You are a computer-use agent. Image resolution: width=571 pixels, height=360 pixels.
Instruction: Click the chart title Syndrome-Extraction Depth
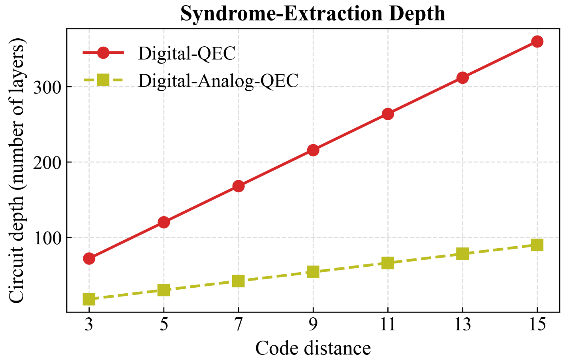pos(313,13)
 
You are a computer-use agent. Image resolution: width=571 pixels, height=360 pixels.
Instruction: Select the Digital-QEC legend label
pos(187,53)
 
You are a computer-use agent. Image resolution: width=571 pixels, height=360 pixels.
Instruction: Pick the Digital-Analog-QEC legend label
pos(218,81)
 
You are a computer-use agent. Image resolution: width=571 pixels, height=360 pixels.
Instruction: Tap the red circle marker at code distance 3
pos(89,259)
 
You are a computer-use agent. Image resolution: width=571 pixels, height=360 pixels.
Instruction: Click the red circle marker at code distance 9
pos(313,150)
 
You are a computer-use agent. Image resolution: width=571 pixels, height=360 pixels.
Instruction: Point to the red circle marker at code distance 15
pos(537,41)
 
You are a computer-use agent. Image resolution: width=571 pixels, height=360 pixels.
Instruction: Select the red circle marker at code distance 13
pos(462,78)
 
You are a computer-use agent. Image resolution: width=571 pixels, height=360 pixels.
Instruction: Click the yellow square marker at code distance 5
pos(164,290)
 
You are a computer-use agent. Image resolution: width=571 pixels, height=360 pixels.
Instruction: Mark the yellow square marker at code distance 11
pos(388,263)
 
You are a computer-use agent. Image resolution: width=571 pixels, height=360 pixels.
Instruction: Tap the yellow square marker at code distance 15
pos(537,245)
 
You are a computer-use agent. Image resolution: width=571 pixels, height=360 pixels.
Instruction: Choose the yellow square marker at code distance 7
pos(239,281)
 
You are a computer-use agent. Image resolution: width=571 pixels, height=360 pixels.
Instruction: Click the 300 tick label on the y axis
pos(47,87)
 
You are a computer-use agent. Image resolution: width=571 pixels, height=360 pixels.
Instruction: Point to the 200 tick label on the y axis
pos(47,162)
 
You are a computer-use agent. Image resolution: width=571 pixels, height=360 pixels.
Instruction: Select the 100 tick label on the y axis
pos(47,238)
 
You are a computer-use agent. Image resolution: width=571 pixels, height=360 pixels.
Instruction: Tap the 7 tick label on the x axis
pos(239,324)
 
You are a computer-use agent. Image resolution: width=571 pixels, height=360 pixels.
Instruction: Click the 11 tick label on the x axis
pos(388,324)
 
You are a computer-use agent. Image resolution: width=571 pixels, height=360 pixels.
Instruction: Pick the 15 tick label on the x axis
pos(537,324)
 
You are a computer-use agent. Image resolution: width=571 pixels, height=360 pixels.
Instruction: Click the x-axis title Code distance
pos(313,348)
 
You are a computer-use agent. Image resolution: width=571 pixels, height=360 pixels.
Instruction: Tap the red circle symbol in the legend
pos(103,53)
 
